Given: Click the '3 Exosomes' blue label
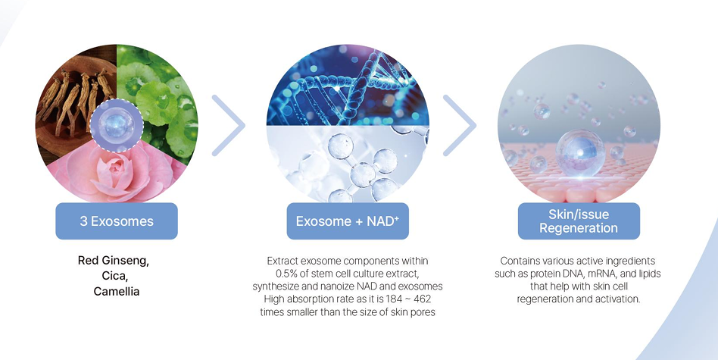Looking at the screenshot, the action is [117, 221].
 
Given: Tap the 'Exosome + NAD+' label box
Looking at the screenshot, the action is [348, 221].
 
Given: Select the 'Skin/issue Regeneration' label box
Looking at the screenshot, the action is [579, 221].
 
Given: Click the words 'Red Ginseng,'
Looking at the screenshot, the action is [114, 261].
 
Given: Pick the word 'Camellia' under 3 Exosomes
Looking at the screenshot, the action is [117, 291].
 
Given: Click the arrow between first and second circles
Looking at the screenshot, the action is [229, 125].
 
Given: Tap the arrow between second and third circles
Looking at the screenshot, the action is [460, 125].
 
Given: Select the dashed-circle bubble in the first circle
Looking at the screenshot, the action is [117, 126].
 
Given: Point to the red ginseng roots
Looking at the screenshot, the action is [76, 103].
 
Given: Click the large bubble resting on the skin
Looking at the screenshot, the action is [580, 153].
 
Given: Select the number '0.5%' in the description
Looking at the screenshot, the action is [286, 274].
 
